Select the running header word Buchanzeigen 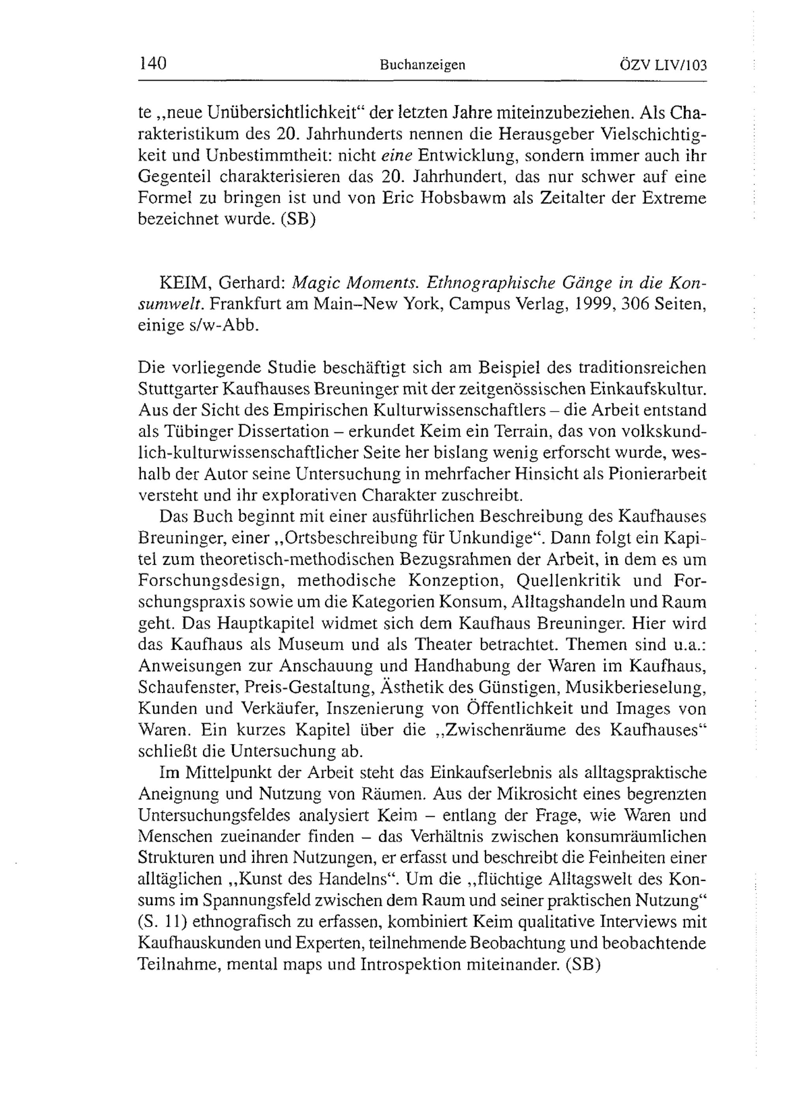point(423,65)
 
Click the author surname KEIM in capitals point(185,283)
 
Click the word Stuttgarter point(179,389)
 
